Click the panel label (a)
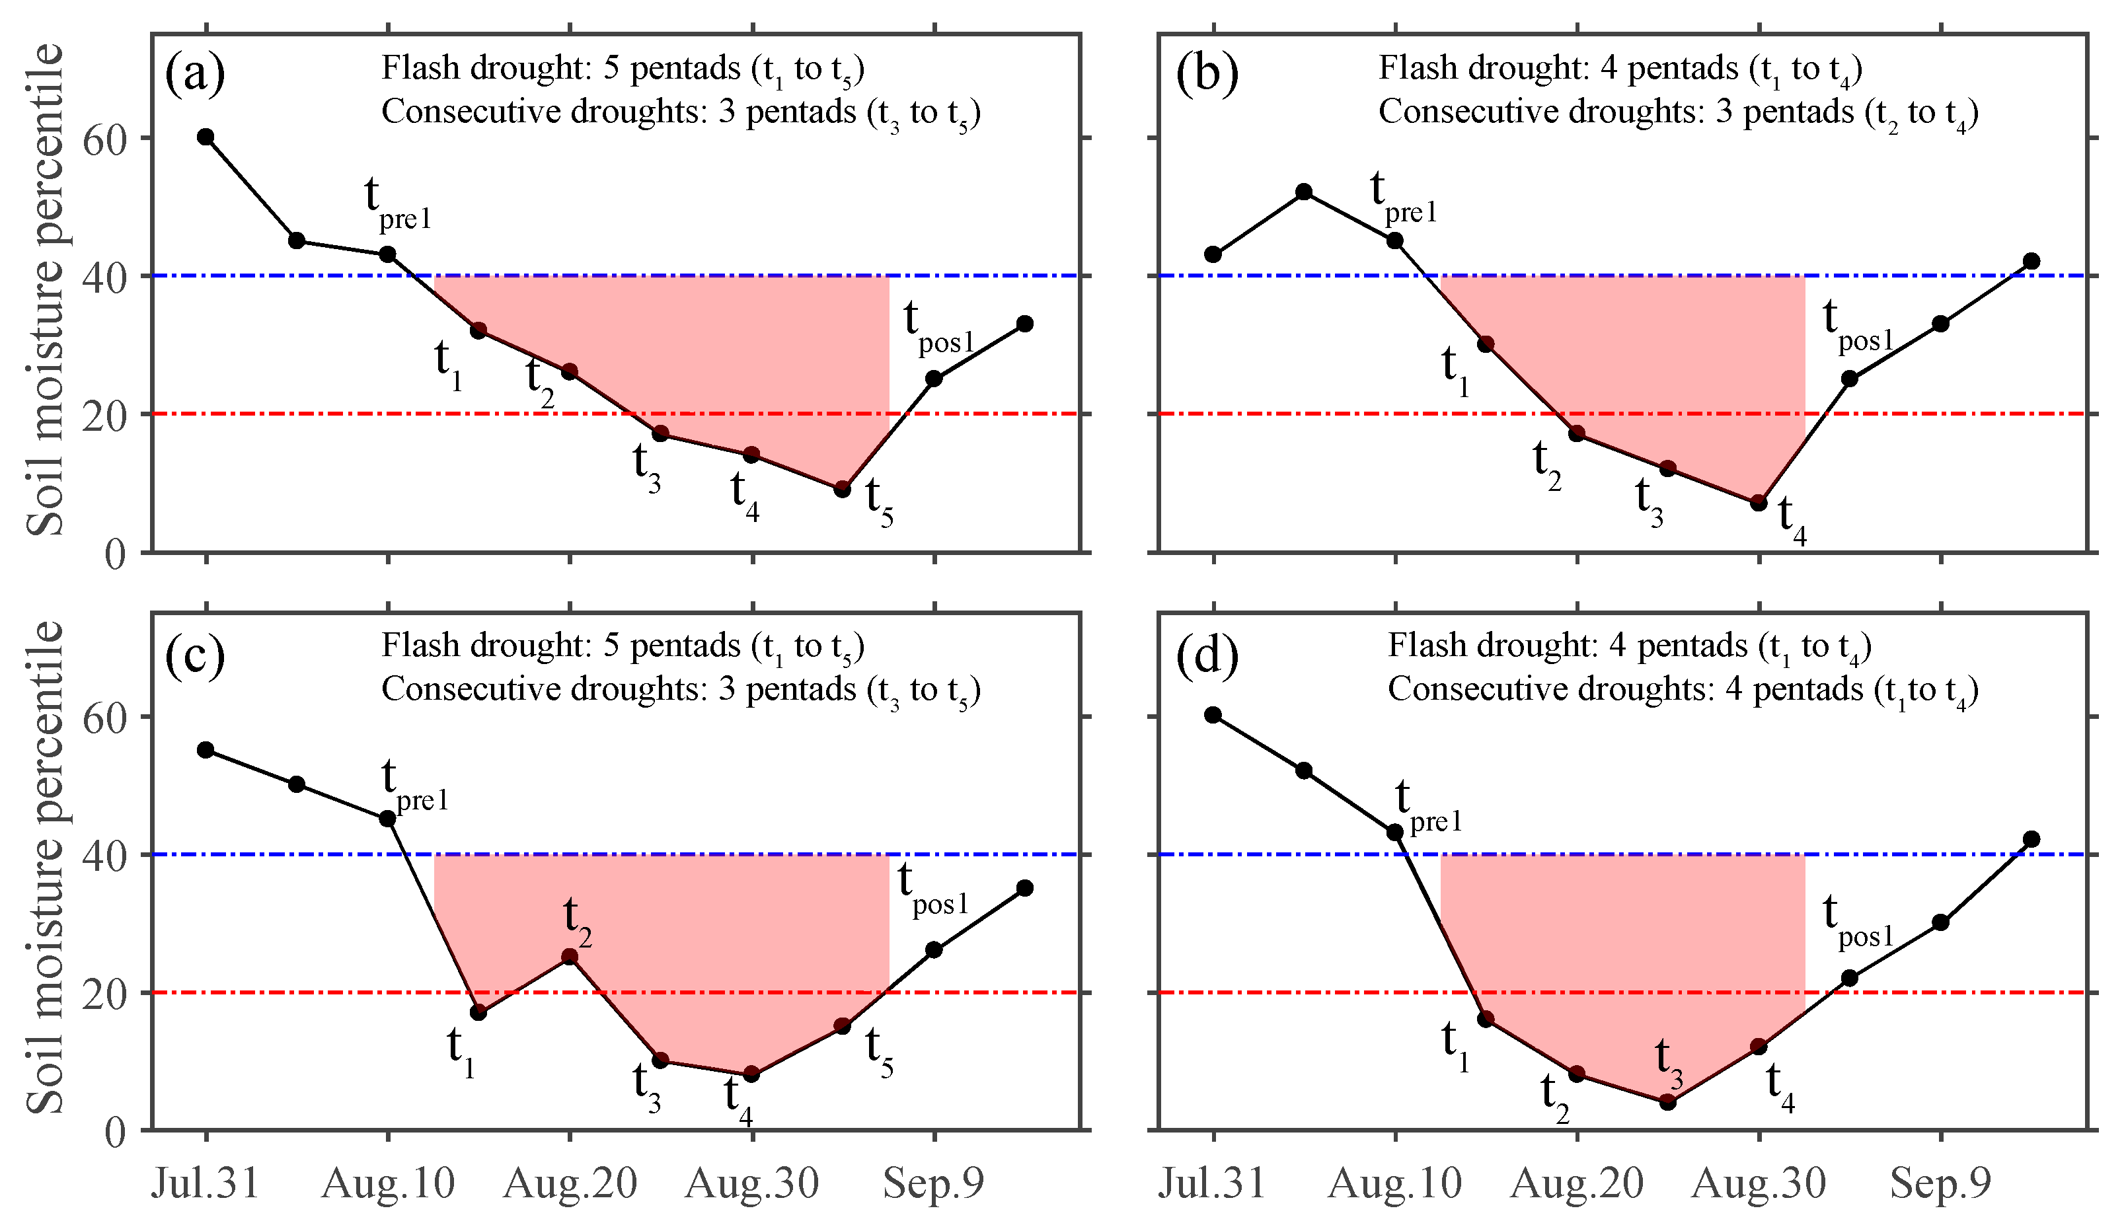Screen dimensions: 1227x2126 coord(195,73)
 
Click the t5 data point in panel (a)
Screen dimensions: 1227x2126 coord(842,489)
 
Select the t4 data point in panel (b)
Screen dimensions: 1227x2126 coord(1759,502)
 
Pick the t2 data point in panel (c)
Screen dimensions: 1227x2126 coord(570,957)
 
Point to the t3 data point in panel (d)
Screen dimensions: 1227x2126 coord(1667,1101)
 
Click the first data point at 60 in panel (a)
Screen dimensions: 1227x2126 coord(206,137)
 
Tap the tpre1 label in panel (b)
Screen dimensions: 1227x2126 coord(1402,199)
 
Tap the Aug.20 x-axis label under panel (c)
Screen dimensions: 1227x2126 coord(570,1183)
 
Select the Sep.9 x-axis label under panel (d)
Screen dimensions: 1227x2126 coord(1940,1183)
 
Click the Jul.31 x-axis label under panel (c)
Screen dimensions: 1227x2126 coord(206,1183)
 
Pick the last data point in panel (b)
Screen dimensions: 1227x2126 coord(2031,261)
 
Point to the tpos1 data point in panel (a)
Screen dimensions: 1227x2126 coord(934,379)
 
